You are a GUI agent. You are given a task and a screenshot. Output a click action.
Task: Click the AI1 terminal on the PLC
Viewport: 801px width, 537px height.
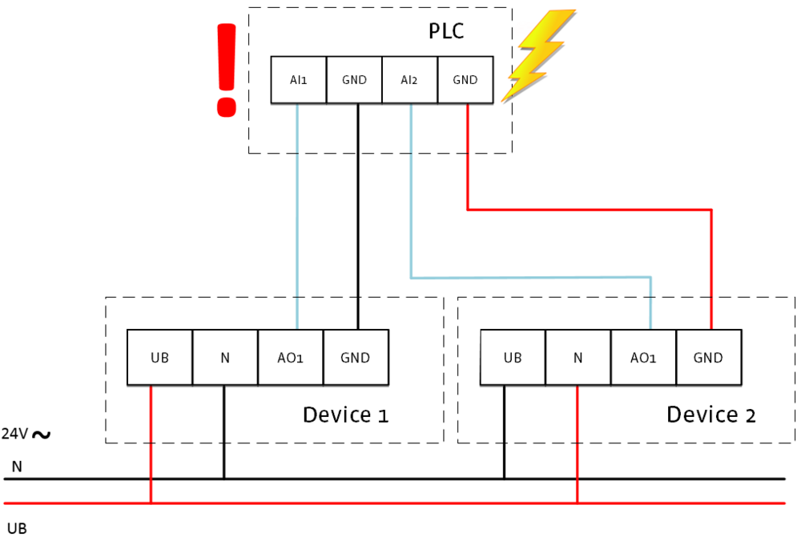tap(299, 80)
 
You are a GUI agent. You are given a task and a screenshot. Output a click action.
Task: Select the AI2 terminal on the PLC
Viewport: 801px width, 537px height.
tap(409, 80)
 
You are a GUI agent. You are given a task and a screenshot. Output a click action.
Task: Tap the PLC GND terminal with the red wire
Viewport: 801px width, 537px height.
tap(465, 80)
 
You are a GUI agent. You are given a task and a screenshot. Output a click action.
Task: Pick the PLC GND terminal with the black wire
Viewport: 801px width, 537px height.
tap(354, 80)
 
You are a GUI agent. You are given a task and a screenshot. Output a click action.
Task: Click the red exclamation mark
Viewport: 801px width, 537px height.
tap(227, 70)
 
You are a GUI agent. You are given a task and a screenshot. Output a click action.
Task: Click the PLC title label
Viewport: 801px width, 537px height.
tap(446, 32)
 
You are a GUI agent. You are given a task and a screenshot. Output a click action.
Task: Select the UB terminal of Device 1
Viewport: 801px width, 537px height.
tap(160, 358)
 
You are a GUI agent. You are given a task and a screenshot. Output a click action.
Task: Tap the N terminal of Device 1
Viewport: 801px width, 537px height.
tap(225, 358)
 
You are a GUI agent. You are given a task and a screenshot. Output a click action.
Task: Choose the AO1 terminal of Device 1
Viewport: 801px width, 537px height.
tap(290, 358)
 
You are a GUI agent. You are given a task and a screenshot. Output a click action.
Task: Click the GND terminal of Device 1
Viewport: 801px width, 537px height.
tap(356, 358)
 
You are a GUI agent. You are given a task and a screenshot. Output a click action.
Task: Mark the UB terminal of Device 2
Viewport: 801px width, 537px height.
tap(513, 358)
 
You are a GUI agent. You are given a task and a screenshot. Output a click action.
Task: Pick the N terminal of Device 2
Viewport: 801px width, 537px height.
tap(578, 358)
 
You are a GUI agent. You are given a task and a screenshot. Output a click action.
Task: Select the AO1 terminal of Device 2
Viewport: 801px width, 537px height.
tap(643, 358)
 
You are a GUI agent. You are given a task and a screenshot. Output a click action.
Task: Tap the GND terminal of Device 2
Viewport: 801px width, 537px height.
tap(708, 358)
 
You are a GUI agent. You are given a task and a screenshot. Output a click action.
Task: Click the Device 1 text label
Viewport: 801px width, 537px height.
tap(345, 415)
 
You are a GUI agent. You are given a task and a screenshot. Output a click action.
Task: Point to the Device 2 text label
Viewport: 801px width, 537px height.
tap(711, 415)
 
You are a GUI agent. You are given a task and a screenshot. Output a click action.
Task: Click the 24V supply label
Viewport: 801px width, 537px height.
tap(26, 435)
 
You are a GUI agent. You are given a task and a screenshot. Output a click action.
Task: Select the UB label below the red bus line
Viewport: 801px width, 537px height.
tap(17, 527)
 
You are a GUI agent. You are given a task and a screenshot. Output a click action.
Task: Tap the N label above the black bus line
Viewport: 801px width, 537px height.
tap(17, 466)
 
